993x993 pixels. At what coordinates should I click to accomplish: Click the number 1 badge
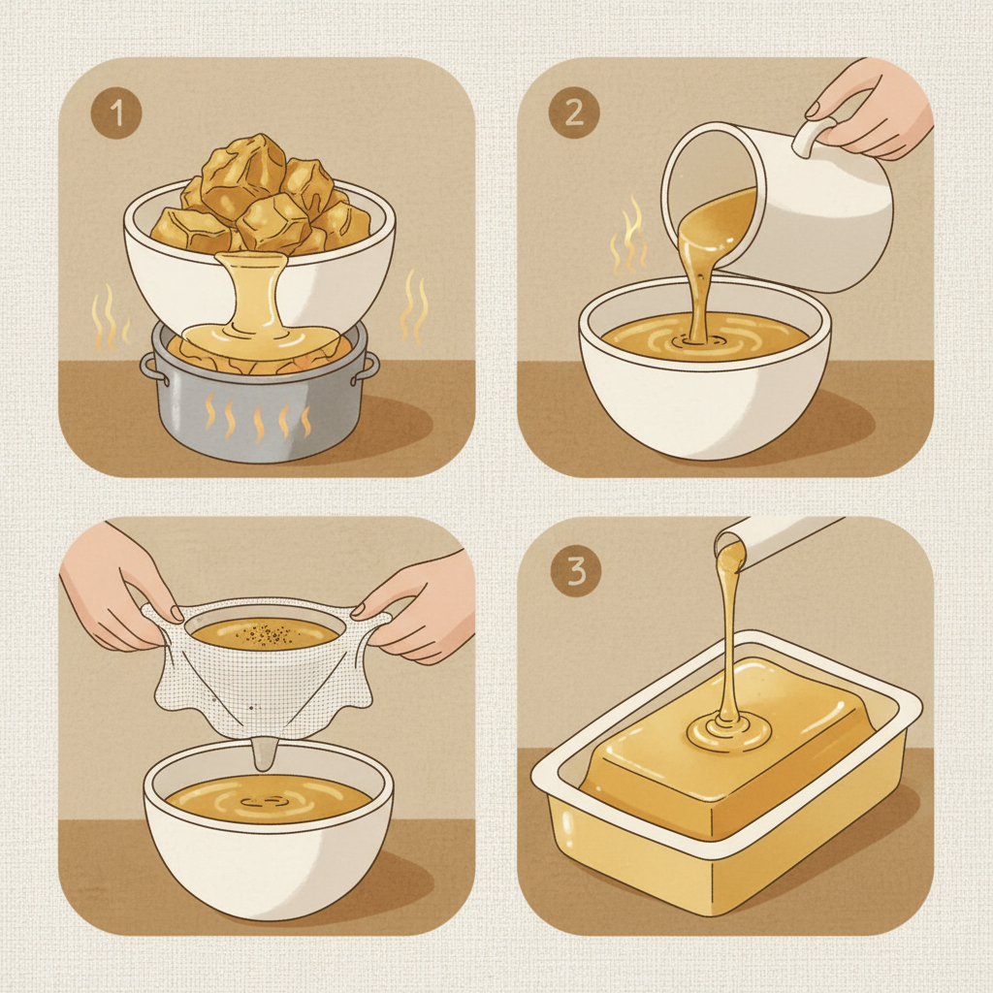tap(116, 113)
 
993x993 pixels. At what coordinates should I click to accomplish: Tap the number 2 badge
tap(574, 113)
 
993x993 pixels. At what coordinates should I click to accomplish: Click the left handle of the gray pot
tap(149, 368)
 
